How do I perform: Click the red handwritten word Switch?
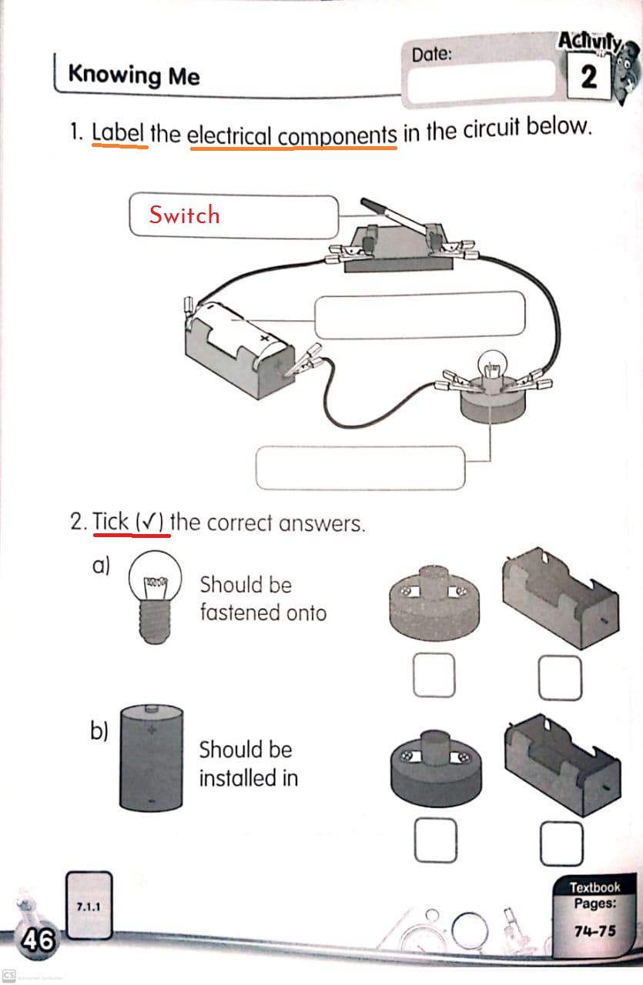click(x=184, y=215)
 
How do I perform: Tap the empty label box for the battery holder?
click(x=420, y=316)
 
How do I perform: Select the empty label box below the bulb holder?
click(x=360, y=468)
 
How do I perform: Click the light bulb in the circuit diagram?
click(x=490, y=363)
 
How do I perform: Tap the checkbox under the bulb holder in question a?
click(x=433, y=676)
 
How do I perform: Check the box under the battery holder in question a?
click(x=560, y=678)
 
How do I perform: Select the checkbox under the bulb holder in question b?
click(x=435, y=841)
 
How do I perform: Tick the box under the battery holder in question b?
click(x=561, y=843)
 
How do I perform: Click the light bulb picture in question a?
click(x=156, y=597)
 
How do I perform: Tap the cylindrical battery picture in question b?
click(x=152, y=757)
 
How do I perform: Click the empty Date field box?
click(x=481, y=81)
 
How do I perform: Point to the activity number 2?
click(x=589, y=78)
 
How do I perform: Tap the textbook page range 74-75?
click(x=595, y=931)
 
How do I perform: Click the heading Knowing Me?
click(x=134, y=75)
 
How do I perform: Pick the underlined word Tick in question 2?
click(x=111, y=523)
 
